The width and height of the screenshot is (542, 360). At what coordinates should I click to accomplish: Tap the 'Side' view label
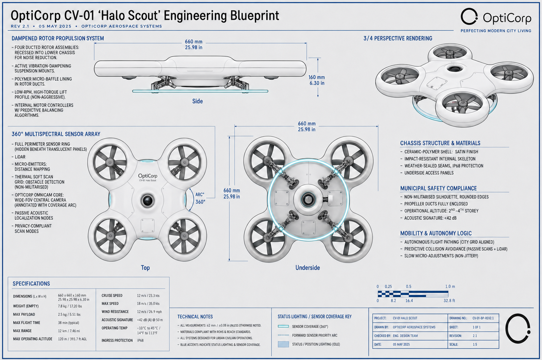(x=198, y=101)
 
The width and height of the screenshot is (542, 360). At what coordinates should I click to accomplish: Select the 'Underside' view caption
(x=307, y=268)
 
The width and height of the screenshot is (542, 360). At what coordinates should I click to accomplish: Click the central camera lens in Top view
(x=148, y=200)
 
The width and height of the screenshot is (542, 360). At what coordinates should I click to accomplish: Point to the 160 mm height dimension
(x=317, y=80)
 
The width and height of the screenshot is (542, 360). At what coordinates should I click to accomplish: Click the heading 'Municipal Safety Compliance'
(x=438, y=188)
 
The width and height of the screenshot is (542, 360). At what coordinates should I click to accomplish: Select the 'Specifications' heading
(x=31, y=284)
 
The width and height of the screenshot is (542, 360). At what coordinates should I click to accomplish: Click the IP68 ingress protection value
(x=140, y=340)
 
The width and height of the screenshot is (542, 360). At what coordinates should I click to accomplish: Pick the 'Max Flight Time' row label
(x=27, y=323)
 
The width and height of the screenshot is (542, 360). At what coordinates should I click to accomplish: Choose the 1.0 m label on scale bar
(x=450, y=286)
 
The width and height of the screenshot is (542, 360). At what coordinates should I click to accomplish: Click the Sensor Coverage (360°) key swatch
(x=284, y=327)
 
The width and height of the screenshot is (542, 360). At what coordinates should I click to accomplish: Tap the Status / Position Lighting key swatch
(x=284, y=344)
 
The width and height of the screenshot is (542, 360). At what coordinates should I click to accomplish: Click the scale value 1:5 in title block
(x=475, y=344)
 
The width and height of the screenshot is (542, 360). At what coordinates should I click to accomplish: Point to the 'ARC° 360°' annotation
(x=200, y=198)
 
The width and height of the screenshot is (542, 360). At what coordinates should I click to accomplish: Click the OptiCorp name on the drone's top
(x=148, y=176)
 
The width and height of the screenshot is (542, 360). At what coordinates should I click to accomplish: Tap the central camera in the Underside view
(x=308, y=199)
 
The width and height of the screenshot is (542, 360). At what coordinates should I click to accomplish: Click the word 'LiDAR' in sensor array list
(x=20, y=157)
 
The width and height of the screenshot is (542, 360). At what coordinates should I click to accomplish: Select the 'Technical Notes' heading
(x=195, y=317)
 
